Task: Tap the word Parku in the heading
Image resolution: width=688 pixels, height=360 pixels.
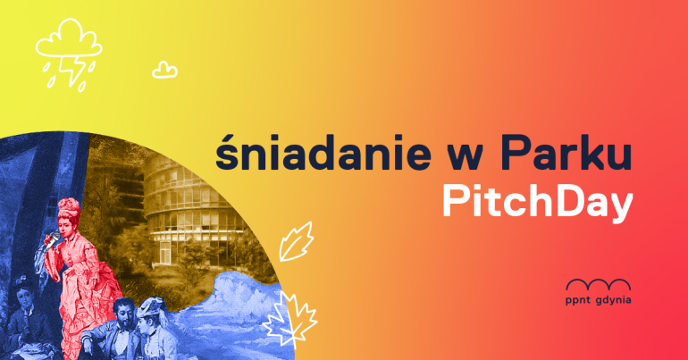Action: point(566,153)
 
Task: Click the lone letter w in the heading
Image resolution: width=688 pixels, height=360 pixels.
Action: point(466,158)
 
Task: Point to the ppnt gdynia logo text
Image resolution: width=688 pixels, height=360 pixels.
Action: point(599,301)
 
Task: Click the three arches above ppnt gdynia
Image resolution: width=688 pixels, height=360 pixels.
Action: point(599,285)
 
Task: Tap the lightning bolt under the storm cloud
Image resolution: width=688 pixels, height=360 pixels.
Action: point(72,71)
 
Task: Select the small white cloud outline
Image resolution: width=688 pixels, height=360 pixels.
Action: point(164,71)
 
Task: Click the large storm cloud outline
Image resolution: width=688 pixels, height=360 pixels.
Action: point(69,39)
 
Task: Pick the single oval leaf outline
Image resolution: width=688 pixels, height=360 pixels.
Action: point(297,242)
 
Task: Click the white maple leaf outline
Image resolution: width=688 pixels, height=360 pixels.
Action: point(290,319)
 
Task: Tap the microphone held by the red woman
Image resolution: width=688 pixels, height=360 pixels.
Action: point(53,239)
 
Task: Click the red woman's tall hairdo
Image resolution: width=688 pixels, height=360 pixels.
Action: point(70,209)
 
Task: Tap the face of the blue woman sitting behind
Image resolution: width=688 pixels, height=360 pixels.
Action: point(23,295)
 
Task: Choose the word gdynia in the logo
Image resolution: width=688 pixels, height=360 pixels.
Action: point(614,301)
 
